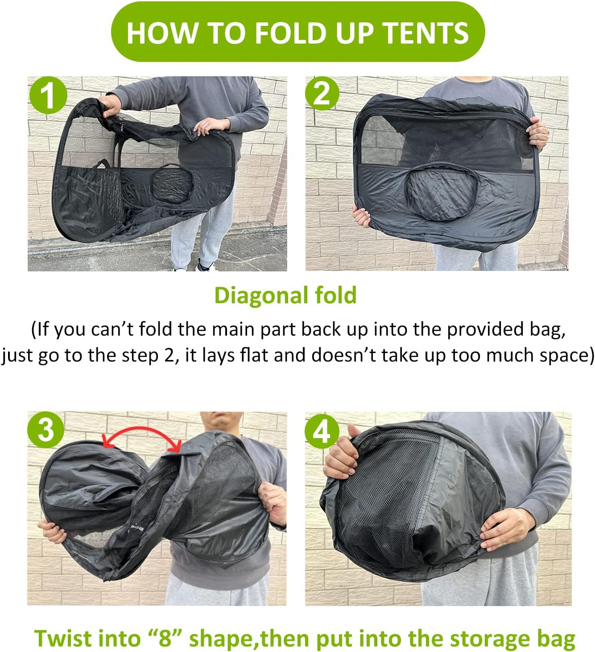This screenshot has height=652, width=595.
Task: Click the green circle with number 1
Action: pyautogui.click(x=48, y=95)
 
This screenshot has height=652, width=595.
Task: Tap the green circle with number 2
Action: pyautogui.click(x=322, y=94)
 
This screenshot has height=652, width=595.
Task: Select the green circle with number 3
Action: pyautogui.click(x=45, y=430)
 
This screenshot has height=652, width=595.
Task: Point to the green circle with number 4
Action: pyautogui.click(x=322, y=432)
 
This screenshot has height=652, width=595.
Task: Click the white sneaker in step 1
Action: pyautogui.click(x=206, y=267)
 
